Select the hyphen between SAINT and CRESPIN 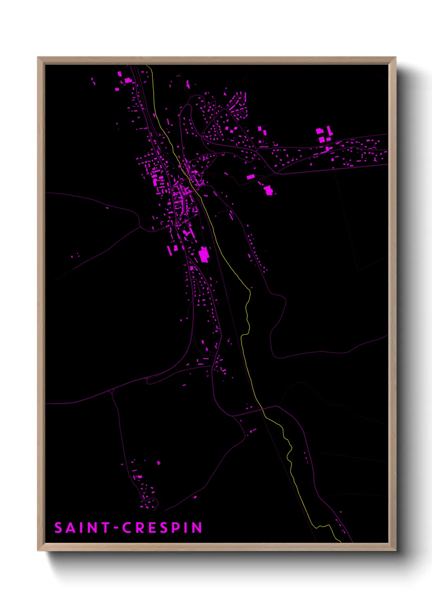[116, 528]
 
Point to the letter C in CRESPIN [127, 528]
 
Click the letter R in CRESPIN [140, 528]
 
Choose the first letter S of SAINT [58, 528]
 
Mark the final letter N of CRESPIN [197, 528]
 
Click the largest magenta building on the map [204, 255]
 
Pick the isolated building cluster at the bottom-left [145, 490]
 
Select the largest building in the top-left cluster [128, 80]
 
